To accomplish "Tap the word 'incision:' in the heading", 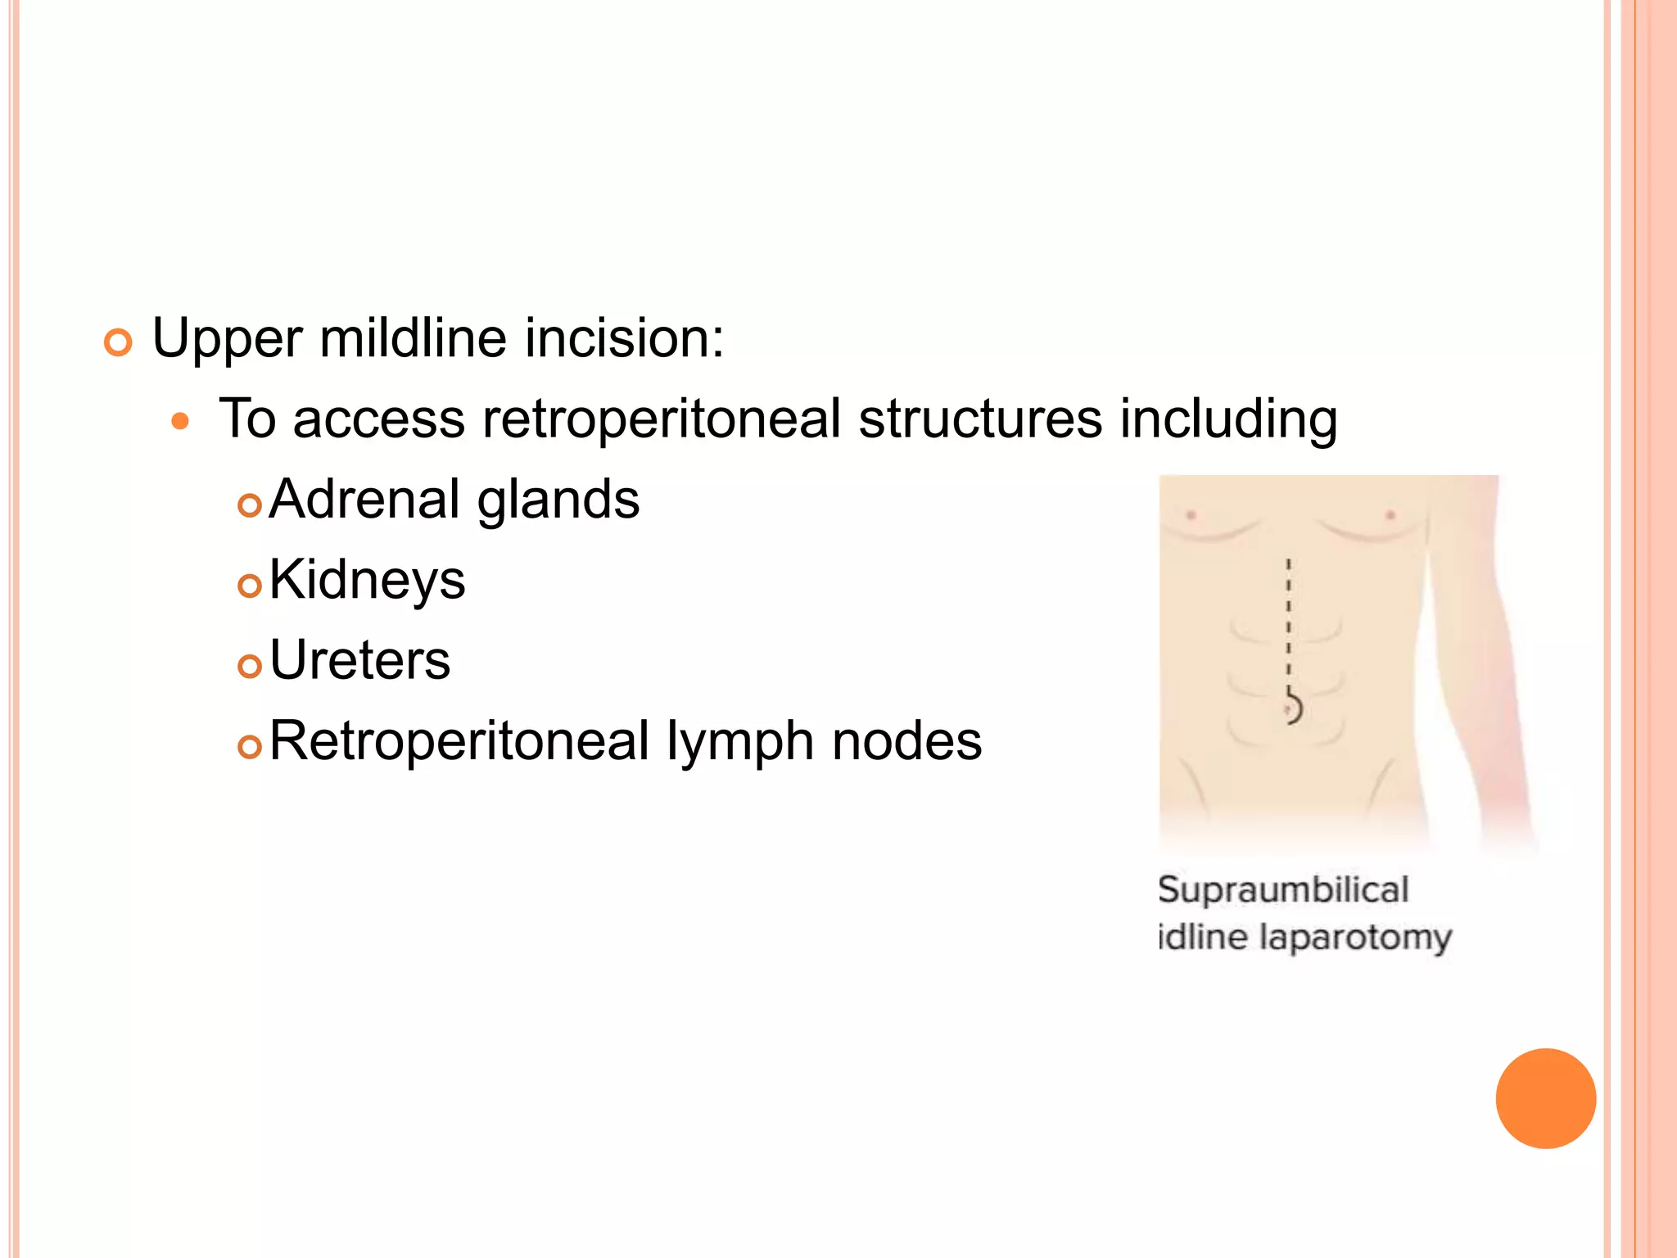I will [x=624, y=337].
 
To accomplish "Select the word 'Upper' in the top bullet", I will [x=227, y=339].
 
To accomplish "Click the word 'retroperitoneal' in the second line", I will [x=662, y=419].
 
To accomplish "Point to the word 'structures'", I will [x=980, y=419].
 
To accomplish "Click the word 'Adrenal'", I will [x=364, y=499].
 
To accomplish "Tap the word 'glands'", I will [x=558, y=500].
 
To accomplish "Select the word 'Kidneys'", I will [x=367, y=581].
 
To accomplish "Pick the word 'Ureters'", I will [x=359, y=660].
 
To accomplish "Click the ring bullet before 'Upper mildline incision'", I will [x=118, y=342].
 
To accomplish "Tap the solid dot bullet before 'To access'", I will [x=180, y=422].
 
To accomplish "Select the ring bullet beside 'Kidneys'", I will [x=249, y=586].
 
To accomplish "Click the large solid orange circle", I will [x=1545, y=1098].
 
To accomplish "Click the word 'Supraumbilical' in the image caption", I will [x=1283, y=889].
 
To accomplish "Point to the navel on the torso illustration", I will [x=1292, y=707].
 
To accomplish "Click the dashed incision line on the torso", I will [x=1288, y=622].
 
